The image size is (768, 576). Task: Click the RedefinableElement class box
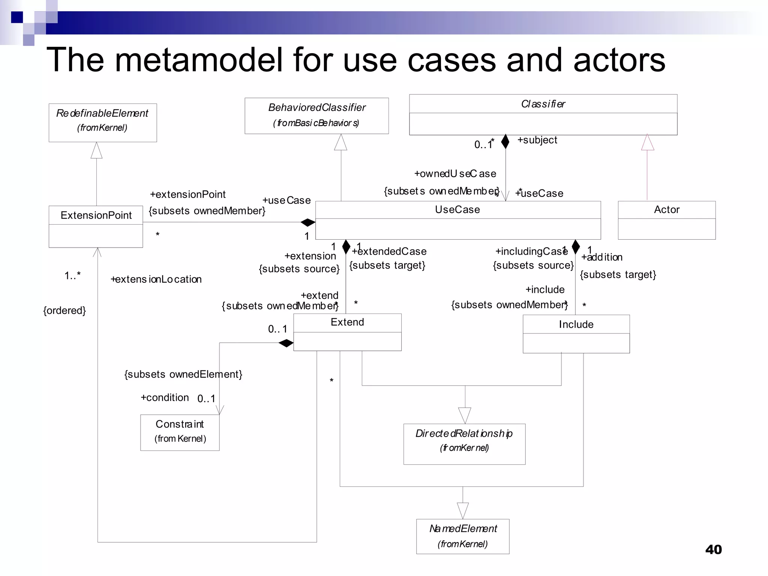pos(102,122)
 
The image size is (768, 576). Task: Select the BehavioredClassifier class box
pos(316,115)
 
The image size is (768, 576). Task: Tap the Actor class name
pos(666,210)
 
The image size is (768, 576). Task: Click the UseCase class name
pos(457,210)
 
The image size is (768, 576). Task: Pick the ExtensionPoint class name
pos(96,215)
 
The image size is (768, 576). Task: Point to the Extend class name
pos(347,322)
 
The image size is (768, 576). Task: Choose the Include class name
pos(576,324)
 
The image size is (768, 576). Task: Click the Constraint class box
pos(180,432)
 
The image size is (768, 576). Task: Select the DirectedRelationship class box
pos(464,444)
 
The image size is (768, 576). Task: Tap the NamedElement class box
pos(463,536)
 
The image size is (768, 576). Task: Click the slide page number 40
pos(713,549)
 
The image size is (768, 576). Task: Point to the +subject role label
pos(537,140)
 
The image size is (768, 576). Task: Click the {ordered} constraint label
pos(64,310)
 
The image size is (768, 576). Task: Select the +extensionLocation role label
pos(156,279)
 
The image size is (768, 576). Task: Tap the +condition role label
pos(165,397)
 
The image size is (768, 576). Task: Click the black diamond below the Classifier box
pos(505,141)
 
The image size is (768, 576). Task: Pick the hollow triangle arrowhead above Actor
pos(648,142)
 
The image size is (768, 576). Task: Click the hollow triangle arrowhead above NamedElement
pos(463,510)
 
